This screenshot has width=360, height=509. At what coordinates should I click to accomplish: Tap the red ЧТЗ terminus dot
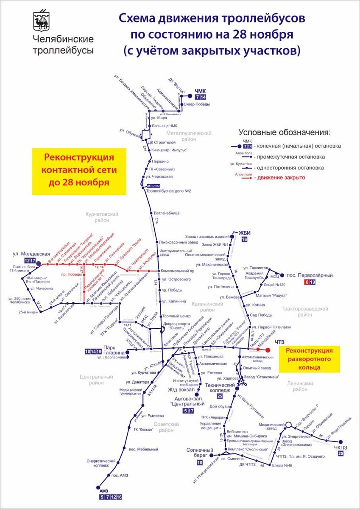tap(268, 350)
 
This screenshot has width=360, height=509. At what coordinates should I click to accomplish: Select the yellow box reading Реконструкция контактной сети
tap(79, 171)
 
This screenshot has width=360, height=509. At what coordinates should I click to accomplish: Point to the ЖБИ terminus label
tap(245, 232)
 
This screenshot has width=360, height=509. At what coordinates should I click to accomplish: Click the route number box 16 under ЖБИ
tap(244, 240)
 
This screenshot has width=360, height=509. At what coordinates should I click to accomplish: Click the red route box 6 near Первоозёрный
tap(307, 282)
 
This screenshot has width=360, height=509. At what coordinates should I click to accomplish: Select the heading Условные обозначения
tap(284, 132)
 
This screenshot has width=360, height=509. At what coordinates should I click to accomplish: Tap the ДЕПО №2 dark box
tap(153, 186)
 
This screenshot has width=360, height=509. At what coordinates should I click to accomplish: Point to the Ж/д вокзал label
tap(181, 389)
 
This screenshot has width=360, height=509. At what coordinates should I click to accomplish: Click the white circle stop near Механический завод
tap(288, 424)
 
